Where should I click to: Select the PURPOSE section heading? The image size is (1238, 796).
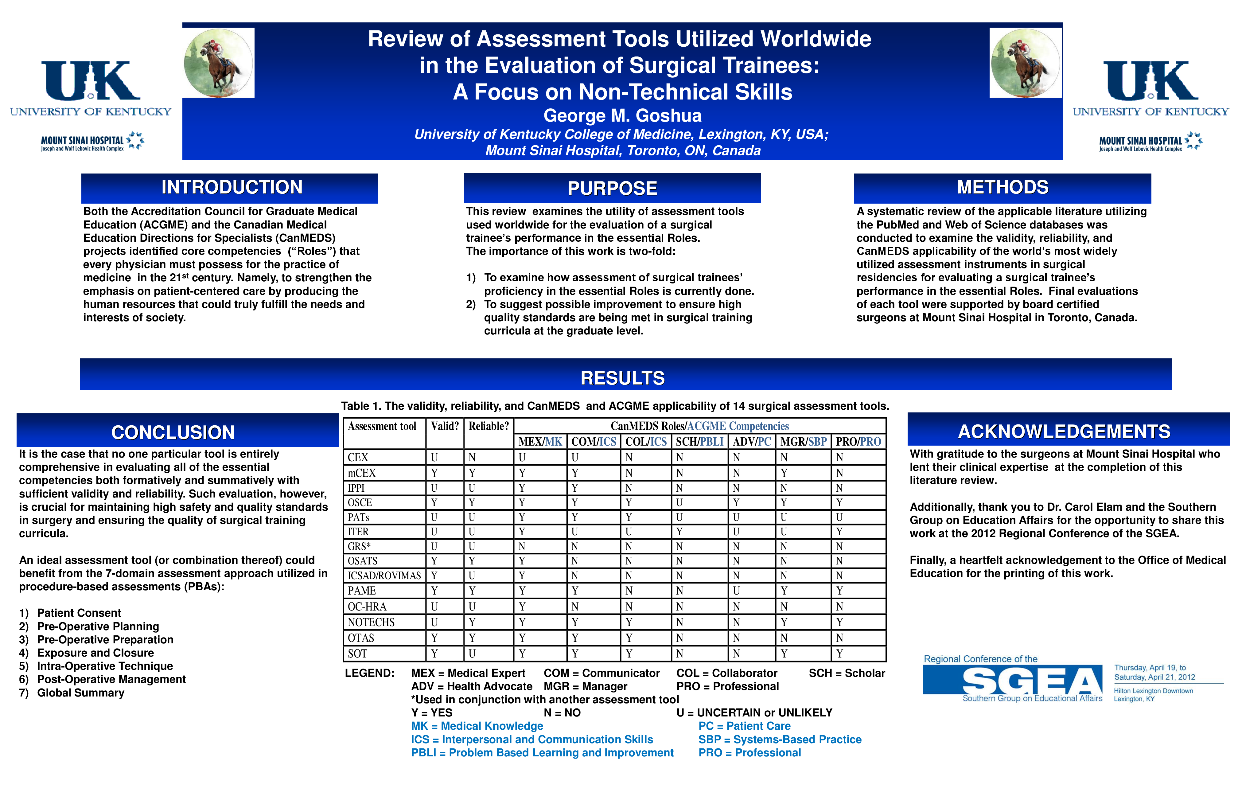pos(612,188)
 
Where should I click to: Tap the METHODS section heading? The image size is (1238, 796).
pos(1002,187)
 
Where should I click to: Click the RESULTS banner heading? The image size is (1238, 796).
pos(623,378)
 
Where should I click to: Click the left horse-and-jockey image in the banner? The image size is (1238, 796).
pos(219,63)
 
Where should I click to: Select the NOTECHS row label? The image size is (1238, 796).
pos(371,622)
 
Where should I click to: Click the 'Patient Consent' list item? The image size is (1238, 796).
pos(79,613)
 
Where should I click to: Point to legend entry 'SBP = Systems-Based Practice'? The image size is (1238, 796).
pos(780,739)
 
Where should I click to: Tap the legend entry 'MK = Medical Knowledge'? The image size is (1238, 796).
pos(477,726)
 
